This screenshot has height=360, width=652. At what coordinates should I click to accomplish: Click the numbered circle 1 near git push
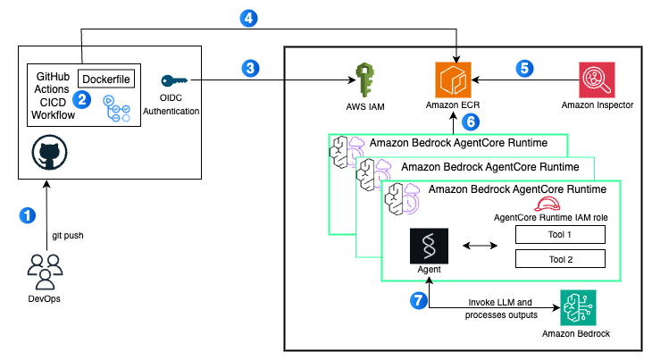pos(29,215)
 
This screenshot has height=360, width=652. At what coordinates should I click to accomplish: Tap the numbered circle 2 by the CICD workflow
pos(81,99)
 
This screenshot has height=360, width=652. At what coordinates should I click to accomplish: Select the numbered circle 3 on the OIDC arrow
pos(252,67)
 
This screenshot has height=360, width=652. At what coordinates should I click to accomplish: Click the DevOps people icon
pos(45,268)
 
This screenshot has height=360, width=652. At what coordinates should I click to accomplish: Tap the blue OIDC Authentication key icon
pos(174,81)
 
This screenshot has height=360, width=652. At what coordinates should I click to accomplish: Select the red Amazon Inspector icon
pos(598,80)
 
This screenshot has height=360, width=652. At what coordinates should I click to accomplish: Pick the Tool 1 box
pos(561,234)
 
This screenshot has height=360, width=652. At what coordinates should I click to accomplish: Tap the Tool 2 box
pos(561,259)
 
